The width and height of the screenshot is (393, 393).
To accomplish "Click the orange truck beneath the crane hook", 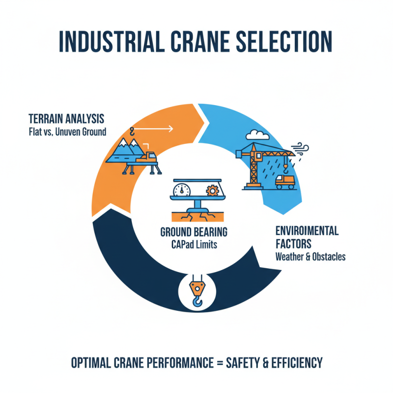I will pyautogui.click(x=285, y=182).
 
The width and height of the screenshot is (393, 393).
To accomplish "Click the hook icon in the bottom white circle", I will pyautogui.click(x=196, y=293).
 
